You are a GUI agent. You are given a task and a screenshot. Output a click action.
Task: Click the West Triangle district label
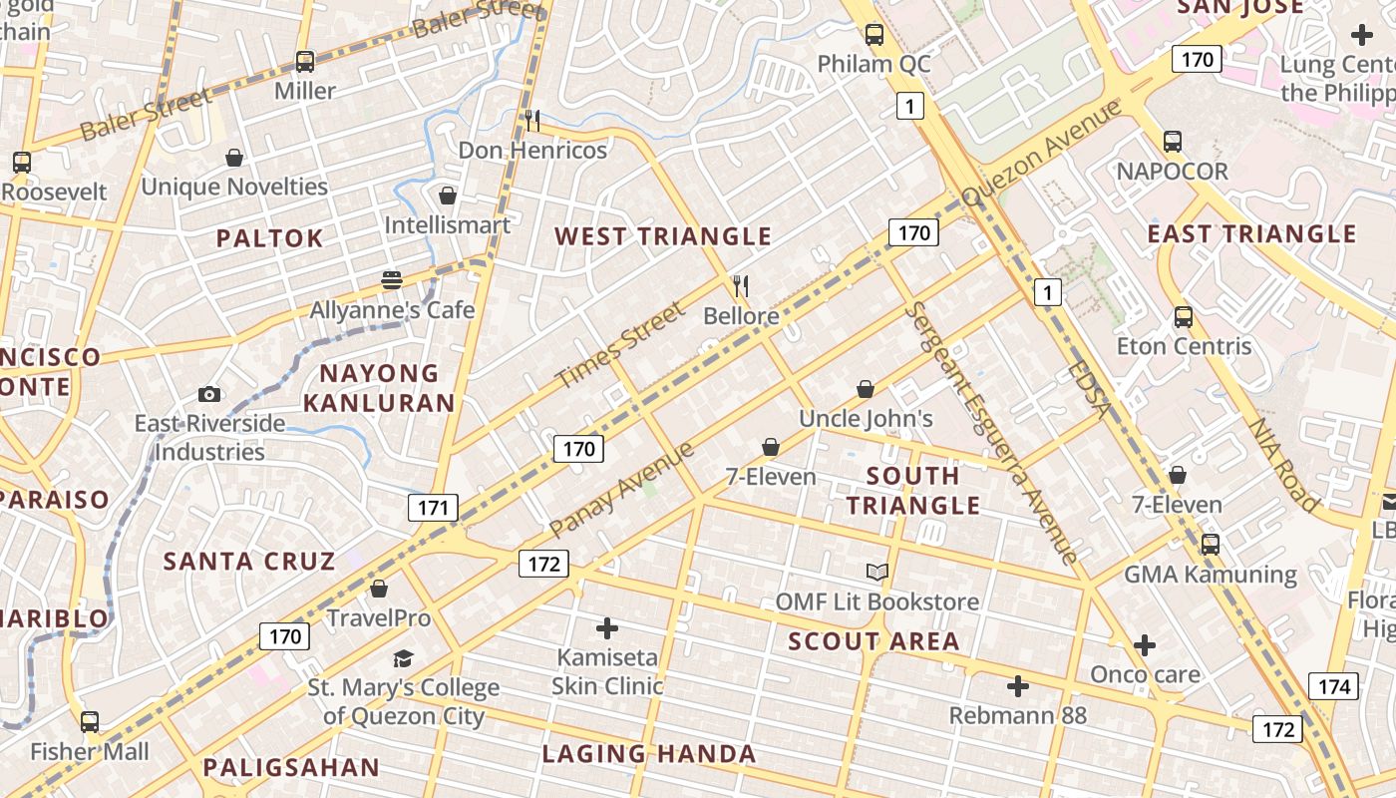pyautogui.click(x=663, y=236)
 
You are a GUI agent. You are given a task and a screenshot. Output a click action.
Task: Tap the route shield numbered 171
pyautogui.click(x=433, y=508)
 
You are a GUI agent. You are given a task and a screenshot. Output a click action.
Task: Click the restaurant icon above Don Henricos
pyautogui.click(x=532, y=121)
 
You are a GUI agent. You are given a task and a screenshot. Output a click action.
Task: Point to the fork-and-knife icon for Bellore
pyautogui.click(x=740, y=287)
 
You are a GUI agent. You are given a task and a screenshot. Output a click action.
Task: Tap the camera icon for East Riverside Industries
pyautogui.click(x=209, y=394)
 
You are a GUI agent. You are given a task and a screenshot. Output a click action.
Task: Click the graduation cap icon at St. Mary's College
pyautogui.click(x=403, y=658)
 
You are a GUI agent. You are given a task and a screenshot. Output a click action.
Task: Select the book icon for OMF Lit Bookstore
pyautogui.click(x=876, y=572)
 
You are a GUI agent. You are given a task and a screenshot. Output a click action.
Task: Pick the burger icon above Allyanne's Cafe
pyautogui.click(x=392, y=280)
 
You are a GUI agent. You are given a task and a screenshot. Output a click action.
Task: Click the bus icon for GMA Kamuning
pyautogui.click(x=1210, y=545)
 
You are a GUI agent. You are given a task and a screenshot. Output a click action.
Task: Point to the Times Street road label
pyautogui.click(x=620, y=346)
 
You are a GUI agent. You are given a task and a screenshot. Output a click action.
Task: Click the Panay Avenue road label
pyautogui.click(x=621, y=490)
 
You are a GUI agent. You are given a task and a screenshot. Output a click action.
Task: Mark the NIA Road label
pyautogui.click(x=1284, y=464)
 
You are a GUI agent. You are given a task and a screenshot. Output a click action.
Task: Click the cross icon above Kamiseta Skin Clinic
pyautogui.click(x=606, y=627)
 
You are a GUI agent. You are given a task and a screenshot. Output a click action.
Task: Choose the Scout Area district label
pyautogui.click(x=873, y=641)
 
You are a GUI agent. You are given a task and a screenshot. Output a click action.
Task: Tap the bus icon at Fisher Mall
pyautogui.click(x=90, y=721)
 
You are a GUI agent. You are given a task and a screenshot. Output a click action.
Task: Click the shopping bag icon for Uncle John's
pyautogui.click(x=866, y=389)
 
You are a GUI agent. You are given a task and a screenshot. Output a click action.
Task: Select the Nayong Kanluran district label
pyautogui.click(x=379, y=388)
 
